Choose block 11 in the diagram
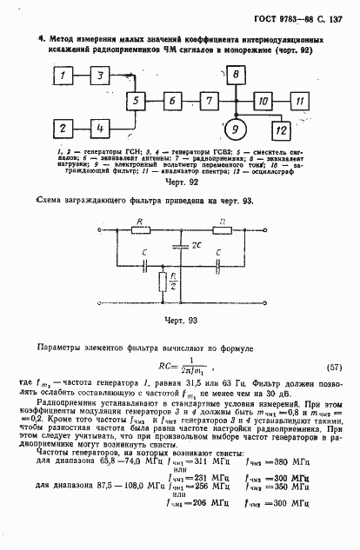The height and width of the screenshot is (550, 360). coord(299,102)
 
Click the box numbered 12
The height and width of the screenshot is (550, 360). coord(280,130)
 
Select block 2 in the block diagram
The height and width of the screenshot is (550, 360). coord(65,128)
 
